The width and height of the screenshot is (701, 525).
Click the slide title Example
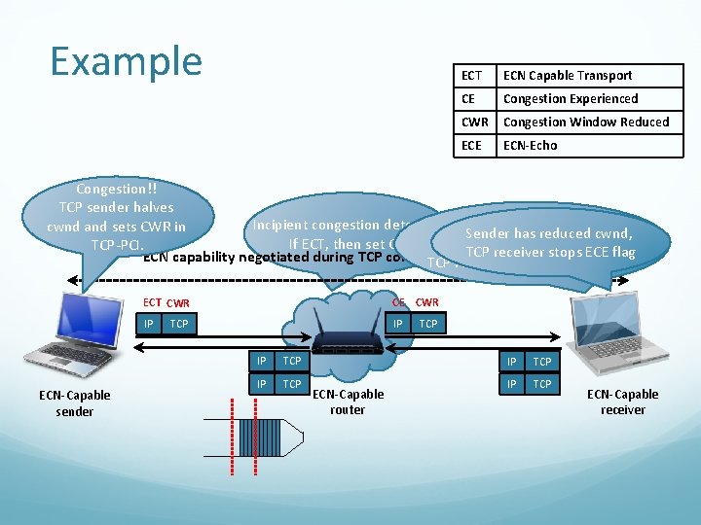pyautogui.click(x=126, y=60)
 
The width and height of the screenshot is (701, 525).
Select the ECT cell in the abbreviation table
pyautogui.click(x=472, y=76)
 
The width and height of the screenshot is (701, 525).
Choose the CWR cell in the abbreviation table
pyautogui.click(x=474, y=122)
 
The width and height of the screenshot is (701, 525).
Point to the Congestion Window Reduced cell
pyautogui.click(x=586, y=122)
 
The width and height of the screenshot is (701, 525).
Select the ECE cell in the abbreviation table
pyautogui.click(x=472, y=146)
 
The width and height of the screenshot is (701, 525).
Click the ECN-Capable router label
pyautogui.click(x=348, y=402)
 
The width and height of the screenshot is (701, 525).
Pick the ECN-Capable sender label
pyautogui.click(x=75, y=403)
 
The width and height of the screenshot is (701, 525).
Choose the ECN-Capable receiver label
pyautogui.click(x=622, y=402)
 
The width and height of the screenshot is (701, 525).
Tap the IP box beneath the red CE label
pyautogui.click(x=398, y=322)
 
